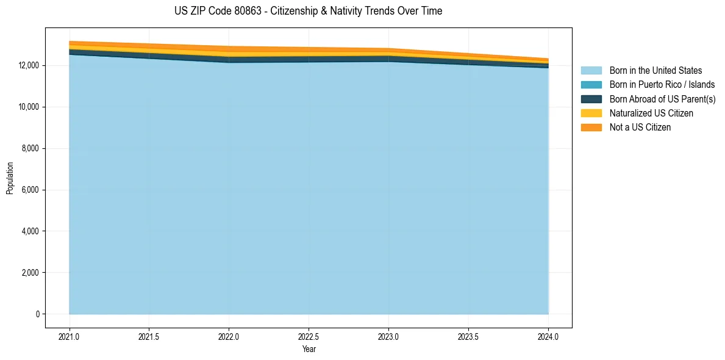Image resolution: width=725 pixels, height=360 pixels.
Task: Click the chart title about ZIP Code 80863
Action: point(308,11)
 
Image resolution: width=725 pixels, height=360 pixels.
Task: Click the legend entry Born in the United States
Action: point(655,71)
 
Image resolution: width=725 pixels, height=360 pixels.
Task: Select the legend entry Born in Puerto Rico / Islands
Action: point(662,85)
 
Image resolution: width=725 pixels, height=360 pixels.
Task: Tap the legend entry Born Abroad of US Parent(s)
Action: point(662,99)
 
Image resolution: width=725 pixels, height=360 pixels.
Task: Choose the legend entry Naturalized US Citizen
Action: point(651,113)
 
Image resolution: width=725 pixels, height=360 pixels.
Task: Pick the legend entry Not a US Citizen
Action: point(640,128)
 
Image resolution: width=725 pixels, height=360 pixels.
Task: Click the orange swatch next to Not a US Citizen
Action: point(591,128)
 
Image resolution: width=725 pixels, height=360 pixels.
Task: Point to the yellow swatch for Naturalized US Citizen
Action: point(591,113)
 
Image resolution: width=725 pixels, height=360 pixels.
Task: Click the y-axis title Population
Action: point(10,178)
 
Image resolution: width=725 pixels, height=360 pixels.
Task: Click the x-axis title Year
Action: point(309,350)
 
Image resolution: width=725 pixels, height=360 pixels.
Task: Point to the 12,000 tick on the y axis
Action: point(27,66)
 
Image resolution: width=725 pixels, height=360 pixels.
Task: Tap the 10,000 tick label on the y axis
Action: point(27,107)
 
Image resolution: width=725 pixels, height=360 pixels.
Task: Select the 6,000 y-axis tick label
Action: point(29,190)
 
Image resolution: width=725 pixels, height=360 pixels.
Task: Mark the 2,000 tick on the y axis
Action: point(29,273)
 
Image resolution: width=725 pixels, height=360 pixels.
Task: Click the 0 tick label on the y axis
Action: point(37,314)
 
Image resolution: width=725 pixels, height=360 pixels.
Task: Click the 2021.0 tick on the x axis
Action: point(70,337)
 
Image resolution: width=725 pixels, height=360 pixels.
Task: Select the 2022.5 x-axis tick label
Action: point(309,337)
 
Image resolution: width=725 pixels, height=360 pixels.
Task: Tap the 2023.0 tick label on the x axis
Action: point(388,337)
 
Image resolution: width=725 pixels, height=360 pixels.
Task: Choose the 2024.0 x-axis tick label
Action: point(548,337)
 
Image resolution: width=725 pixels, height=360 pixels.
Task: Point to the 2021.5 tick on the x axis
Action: point(149,337)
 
